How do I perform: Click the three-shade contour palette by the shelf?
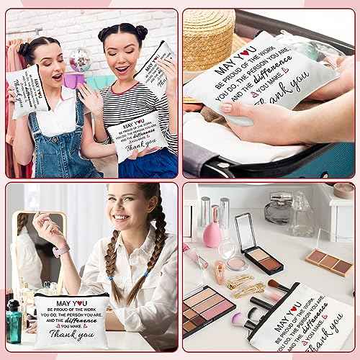pyautogui.click(x=328, y=260)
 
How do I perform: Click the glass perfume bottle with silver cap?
pyautogui.click(x=276, y=211)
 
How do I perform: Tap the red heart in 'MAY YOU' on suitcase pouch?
pyautogui.click(x=245, y=64)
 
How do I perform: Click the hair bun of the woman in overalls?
pyautogui.click(x=22, y=48)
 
